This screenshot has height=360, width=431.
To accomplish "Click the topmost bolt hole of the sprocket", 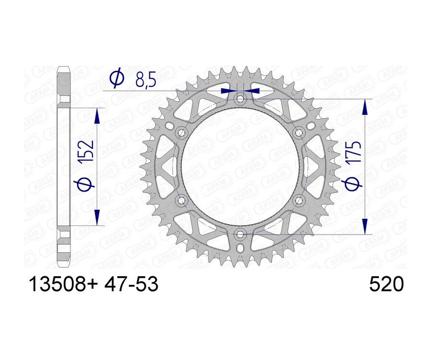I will coord(240,99).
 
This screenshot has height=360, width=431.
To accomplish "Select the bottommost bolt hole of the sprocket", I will coord(240,234).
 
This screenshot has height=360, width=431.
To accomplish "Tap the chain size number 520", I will coord(387,285).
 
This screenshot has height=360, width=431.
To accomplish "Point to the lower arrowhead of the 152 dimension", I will coord(97,216).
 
